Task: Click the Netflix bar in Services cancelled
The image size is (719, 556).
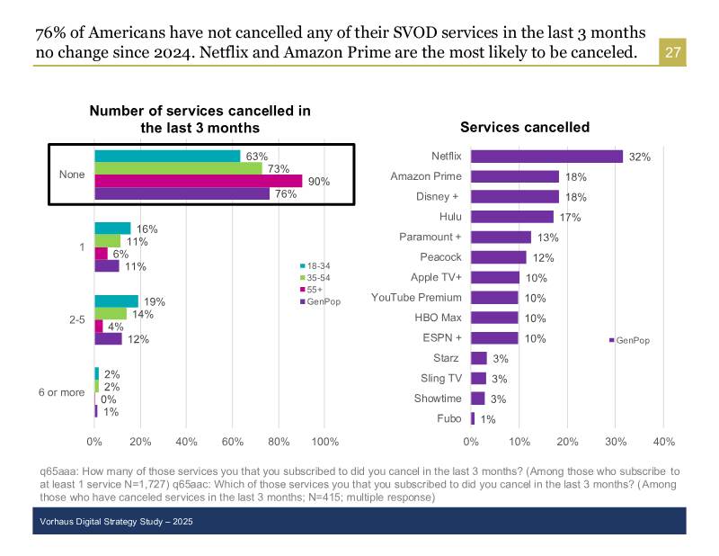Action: click(x=546, y=157)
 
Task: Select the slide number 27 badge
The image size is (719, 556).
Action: click(x=673, y=53)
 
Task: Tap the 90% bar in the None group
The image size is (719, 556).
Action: click(x=199, y=181)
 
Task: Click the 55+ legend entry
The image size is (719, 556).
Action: click(x=312, y=289)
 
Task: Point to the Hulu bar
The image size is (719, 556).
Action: click(x=512, y=217)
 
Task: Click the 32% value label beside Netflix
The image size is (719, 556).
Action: click(x=639, y=157)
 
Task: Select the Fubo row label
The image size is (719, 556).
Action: click(x=448, y=418)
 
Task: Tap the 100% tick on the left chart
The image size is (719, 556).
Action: click(x=324, y=442)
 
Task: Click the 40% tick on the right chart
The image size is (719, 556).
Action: click(x=663, y=442)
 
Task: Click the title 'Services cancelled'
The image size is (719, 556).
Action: click(x=525, y=128)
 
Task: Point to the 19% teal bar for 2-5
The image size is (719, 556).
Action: click(x=116, y=301)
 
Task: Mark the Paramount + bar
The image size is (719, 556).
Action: click(x=501, y=238)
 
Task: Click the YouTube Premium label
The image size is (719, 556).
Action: click(x=416, y=298)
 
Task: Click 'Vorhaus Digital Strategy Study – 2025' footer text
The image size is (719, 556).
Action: click(x=117, y=522)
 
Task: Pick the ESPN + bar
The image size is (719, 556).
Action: click(x=494, y=338)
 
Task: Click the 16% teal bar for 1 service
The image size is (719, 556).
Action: click(x=112, y=229)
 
